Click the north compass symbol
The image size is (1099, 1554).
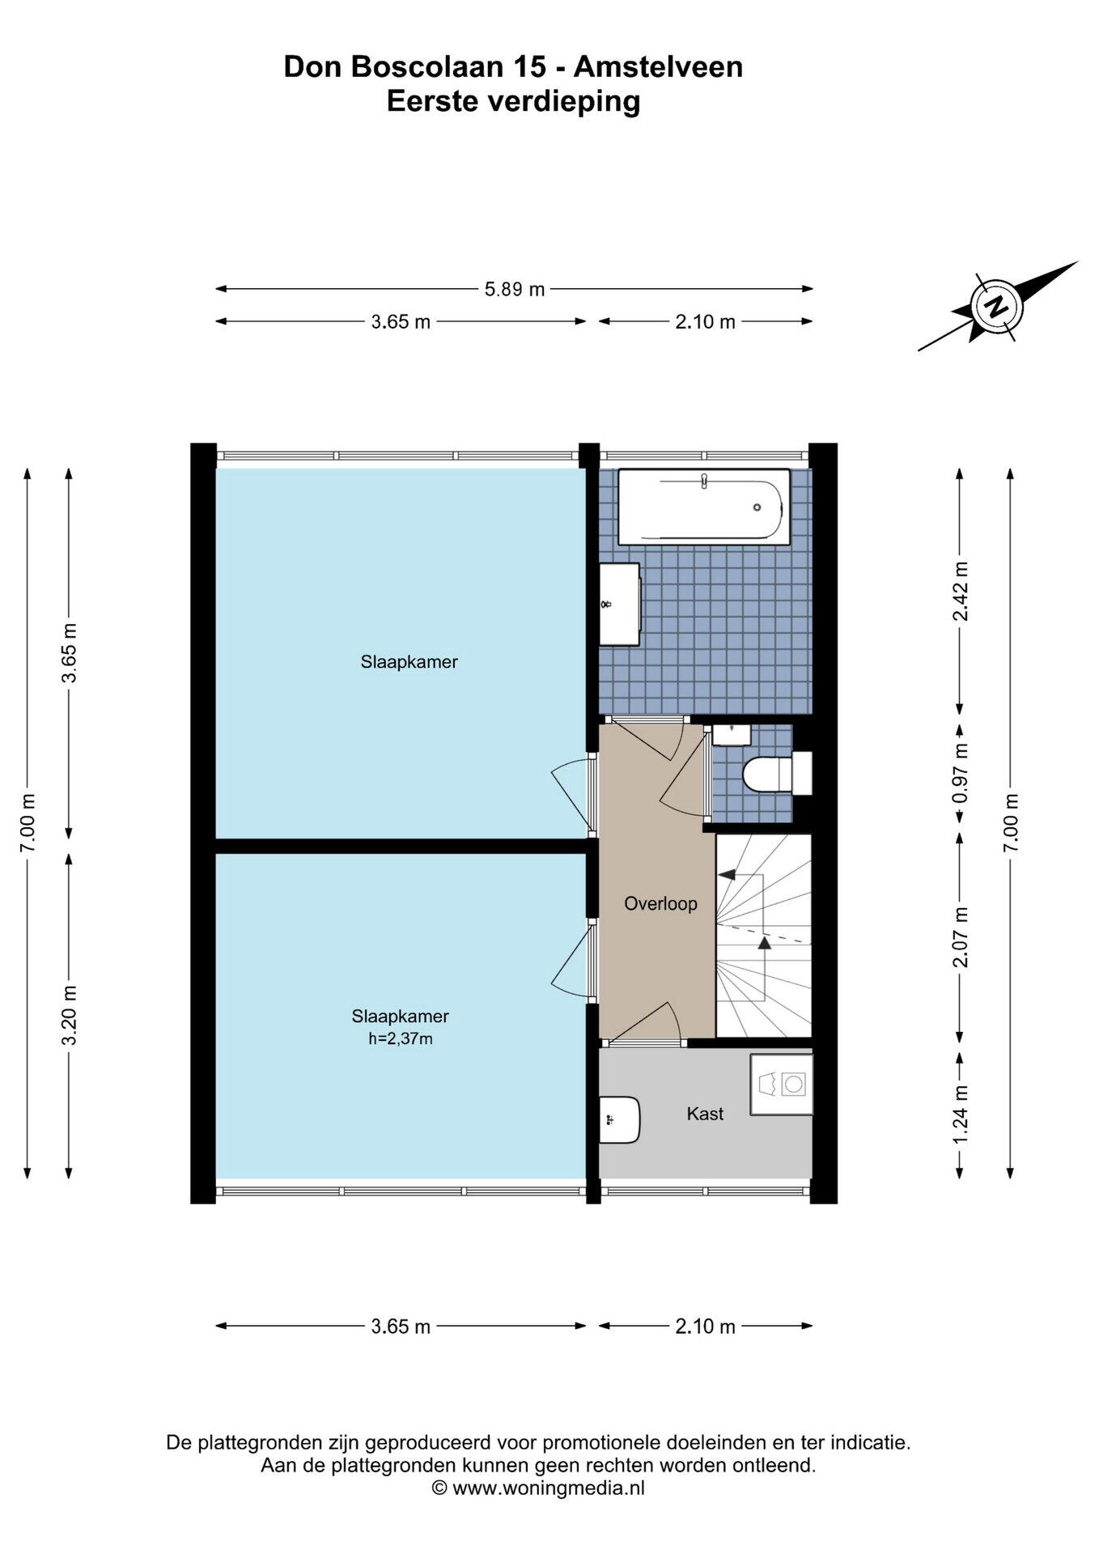click(x=998, y=306)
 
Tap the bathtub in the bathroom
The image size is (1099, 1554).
click(x=703, y=507)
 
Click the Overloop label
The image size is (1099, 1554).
click(x=660, y=903)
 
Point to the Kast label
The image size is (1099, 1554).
click(x=705, y=1114)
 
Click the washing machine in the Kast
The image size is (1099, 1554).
click(x=781, y=1084)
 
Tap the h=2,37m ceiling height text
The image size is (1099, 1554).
click(x=401, y=1038)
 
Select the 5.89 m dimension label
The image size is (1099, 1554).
click(x=515, y=289)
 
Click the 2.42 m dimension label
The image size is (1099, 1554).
click(x=961, y=591)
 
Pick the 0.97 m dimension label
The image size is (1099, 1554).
click(x=961, y=773)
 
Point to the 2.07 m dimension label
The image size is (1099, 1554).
click(x=961, y=936)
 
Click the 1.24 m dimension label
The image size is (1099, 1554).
click(x=961, y=1115)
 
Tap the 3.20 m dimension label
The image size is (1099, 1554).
click(x=70, y=1015)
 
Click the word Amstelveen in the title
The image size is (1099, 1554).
click(x=658, y=66)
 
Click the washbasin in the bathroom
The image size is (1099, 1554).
click(x=619, y=604)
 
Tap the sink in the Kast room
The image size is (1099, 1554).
click(x=620, y=1119)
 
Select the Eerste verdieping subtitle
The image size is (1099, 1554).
click(x=513, y=102)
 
